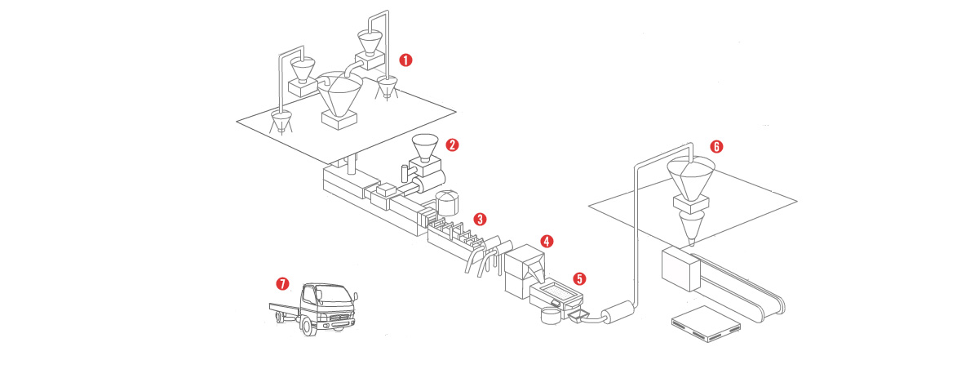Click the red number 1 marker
[x=405, y=60]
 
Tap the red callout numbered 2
[x=452, y=145]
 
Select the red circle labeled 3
[x=481, y=219]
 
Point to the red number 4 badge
[x=547, y=242]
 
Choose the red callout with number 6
[x=716, y=147]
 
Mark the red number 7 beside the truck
[x=282, y=284]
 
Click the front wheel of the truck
[x=308, y=326]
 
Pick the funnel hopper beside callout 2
[x=424, y=148]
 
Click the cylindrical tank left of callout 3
[x=445, y=203]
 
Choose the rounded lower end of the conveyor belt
[x=782, y=305]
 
